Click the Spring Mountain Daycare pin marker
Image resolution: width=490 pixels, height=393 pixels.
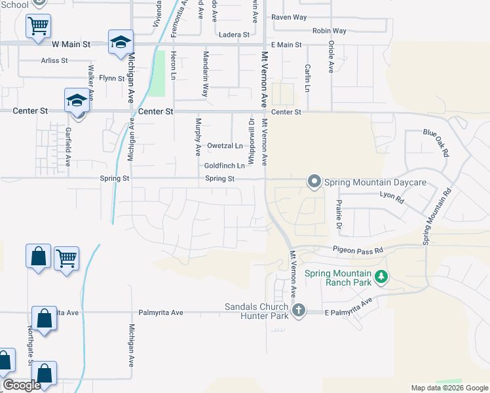click(x=314, y=181)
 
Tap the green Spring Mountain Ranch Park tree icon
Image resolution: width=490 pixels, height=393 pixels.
click(x=380, y=278)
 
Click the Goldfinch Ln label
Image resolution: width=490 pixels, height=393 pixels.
click(x=224, y=166)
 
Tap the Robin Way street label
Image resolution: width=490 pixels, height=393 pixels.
click(x=330, y=31)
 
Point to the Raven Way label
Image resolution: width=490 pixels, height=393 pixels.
click(x=289, y=17)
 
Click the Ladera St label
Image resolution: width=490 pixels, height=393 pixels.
click(x=235, y=34)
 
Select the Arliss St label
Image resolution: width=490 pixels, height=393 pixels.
click(x=54, y=61)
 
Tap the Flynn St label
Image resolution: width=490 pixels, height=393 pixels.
click(x=111, y=79)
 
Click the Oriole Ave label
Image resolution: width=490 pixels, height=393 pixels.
click(x=331, y=59)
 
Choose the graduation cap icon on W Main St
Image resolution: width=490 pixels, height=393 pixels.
click(x=121, y=42)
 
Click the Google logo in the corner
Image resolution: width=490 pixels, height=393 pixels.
click(x=22, y=386)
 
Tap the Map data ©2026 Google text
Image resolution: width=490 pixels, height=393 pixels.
click(x=450, y=388)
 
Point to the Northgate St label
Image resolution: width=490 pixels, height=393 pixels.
click(x=30, y=344)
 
